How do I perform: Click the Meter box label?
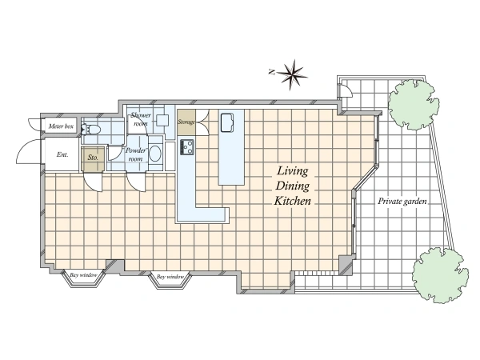pyautogui.click(x=61, y=126)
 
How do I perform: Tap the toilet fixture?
pyautogui.click(x=90, y=129)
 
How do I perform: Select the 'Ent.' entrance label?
pyautogui.click(x=62, y=154)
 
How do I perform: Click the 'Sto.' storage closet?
pyautogui.click(x=93, y=158)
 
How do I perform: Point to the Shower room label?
pyautogui.click(x=141, y=119)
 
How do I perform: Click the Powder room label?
pyautogui.click(x=136, y=154)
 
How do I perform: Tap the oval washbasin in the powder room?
pyautogui.click(x=155, y=154)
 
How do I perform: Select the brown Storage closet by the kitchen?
pyautogui.click(x=186, y=122)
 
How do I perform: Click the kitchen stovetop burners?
pyautogui.click(x=186, y=147)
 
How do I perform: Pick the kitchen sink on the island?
pyautogui.click(x=227, y=122)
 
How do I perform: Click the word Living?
pyautogui.click(x=293, y=171)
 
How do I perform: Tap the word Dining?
pyautogui.click(x=293, y=186)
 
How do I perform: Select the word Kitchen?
pyautogui.click(x=292, y=201)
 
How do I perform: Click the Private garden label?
pyautogui.click(x=402, y=202)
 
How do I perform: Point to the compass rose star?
pyautogui.click(x=292, y=74)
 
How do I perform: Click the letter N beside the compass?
pyautogui.click(x=271, y=72)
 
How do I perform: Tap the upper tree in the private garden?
pyautogui.click(x=414, y=104)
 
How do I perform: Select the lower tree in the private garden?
pyautogui.click(x=439, y=275)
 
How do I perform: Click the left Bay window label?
pyautogui.click(x=83, y=275)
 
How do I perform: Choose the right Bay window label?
pyautogui.click(x=170, y=277)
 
